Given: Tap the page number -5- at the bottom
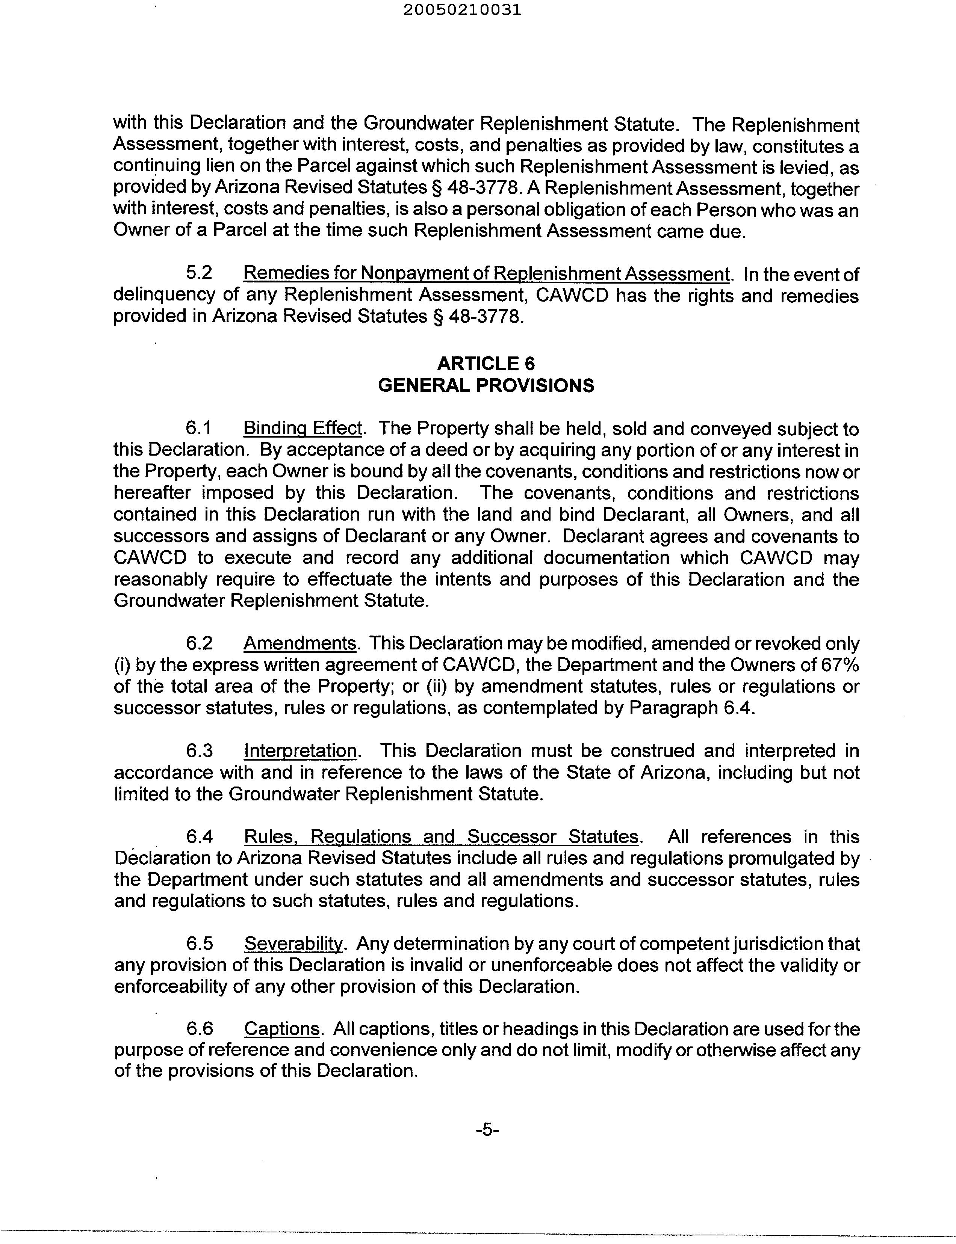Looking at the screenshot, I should click(x=487, y=1130).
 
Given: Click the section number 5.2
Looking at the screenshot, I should click(x=199, y=273).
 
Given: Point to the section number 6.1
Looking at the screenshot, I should click(x=199, y=428).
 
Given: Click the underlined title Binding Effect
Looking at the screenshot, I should click(x=303, y=428).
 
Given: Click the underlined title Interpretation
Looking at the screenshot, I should click(x=301, y=751).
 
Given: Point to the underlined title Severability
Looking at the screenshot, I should click(x=293, y=944).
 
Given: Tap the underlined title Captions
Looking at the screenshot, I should click(x=282, y=1029).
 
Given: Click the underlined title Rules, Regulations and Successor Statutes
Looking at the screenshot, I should click(x=441, y=837).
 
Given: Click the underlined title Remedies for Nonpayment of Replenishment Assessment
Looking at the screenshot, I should click(x=486, y=273).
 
